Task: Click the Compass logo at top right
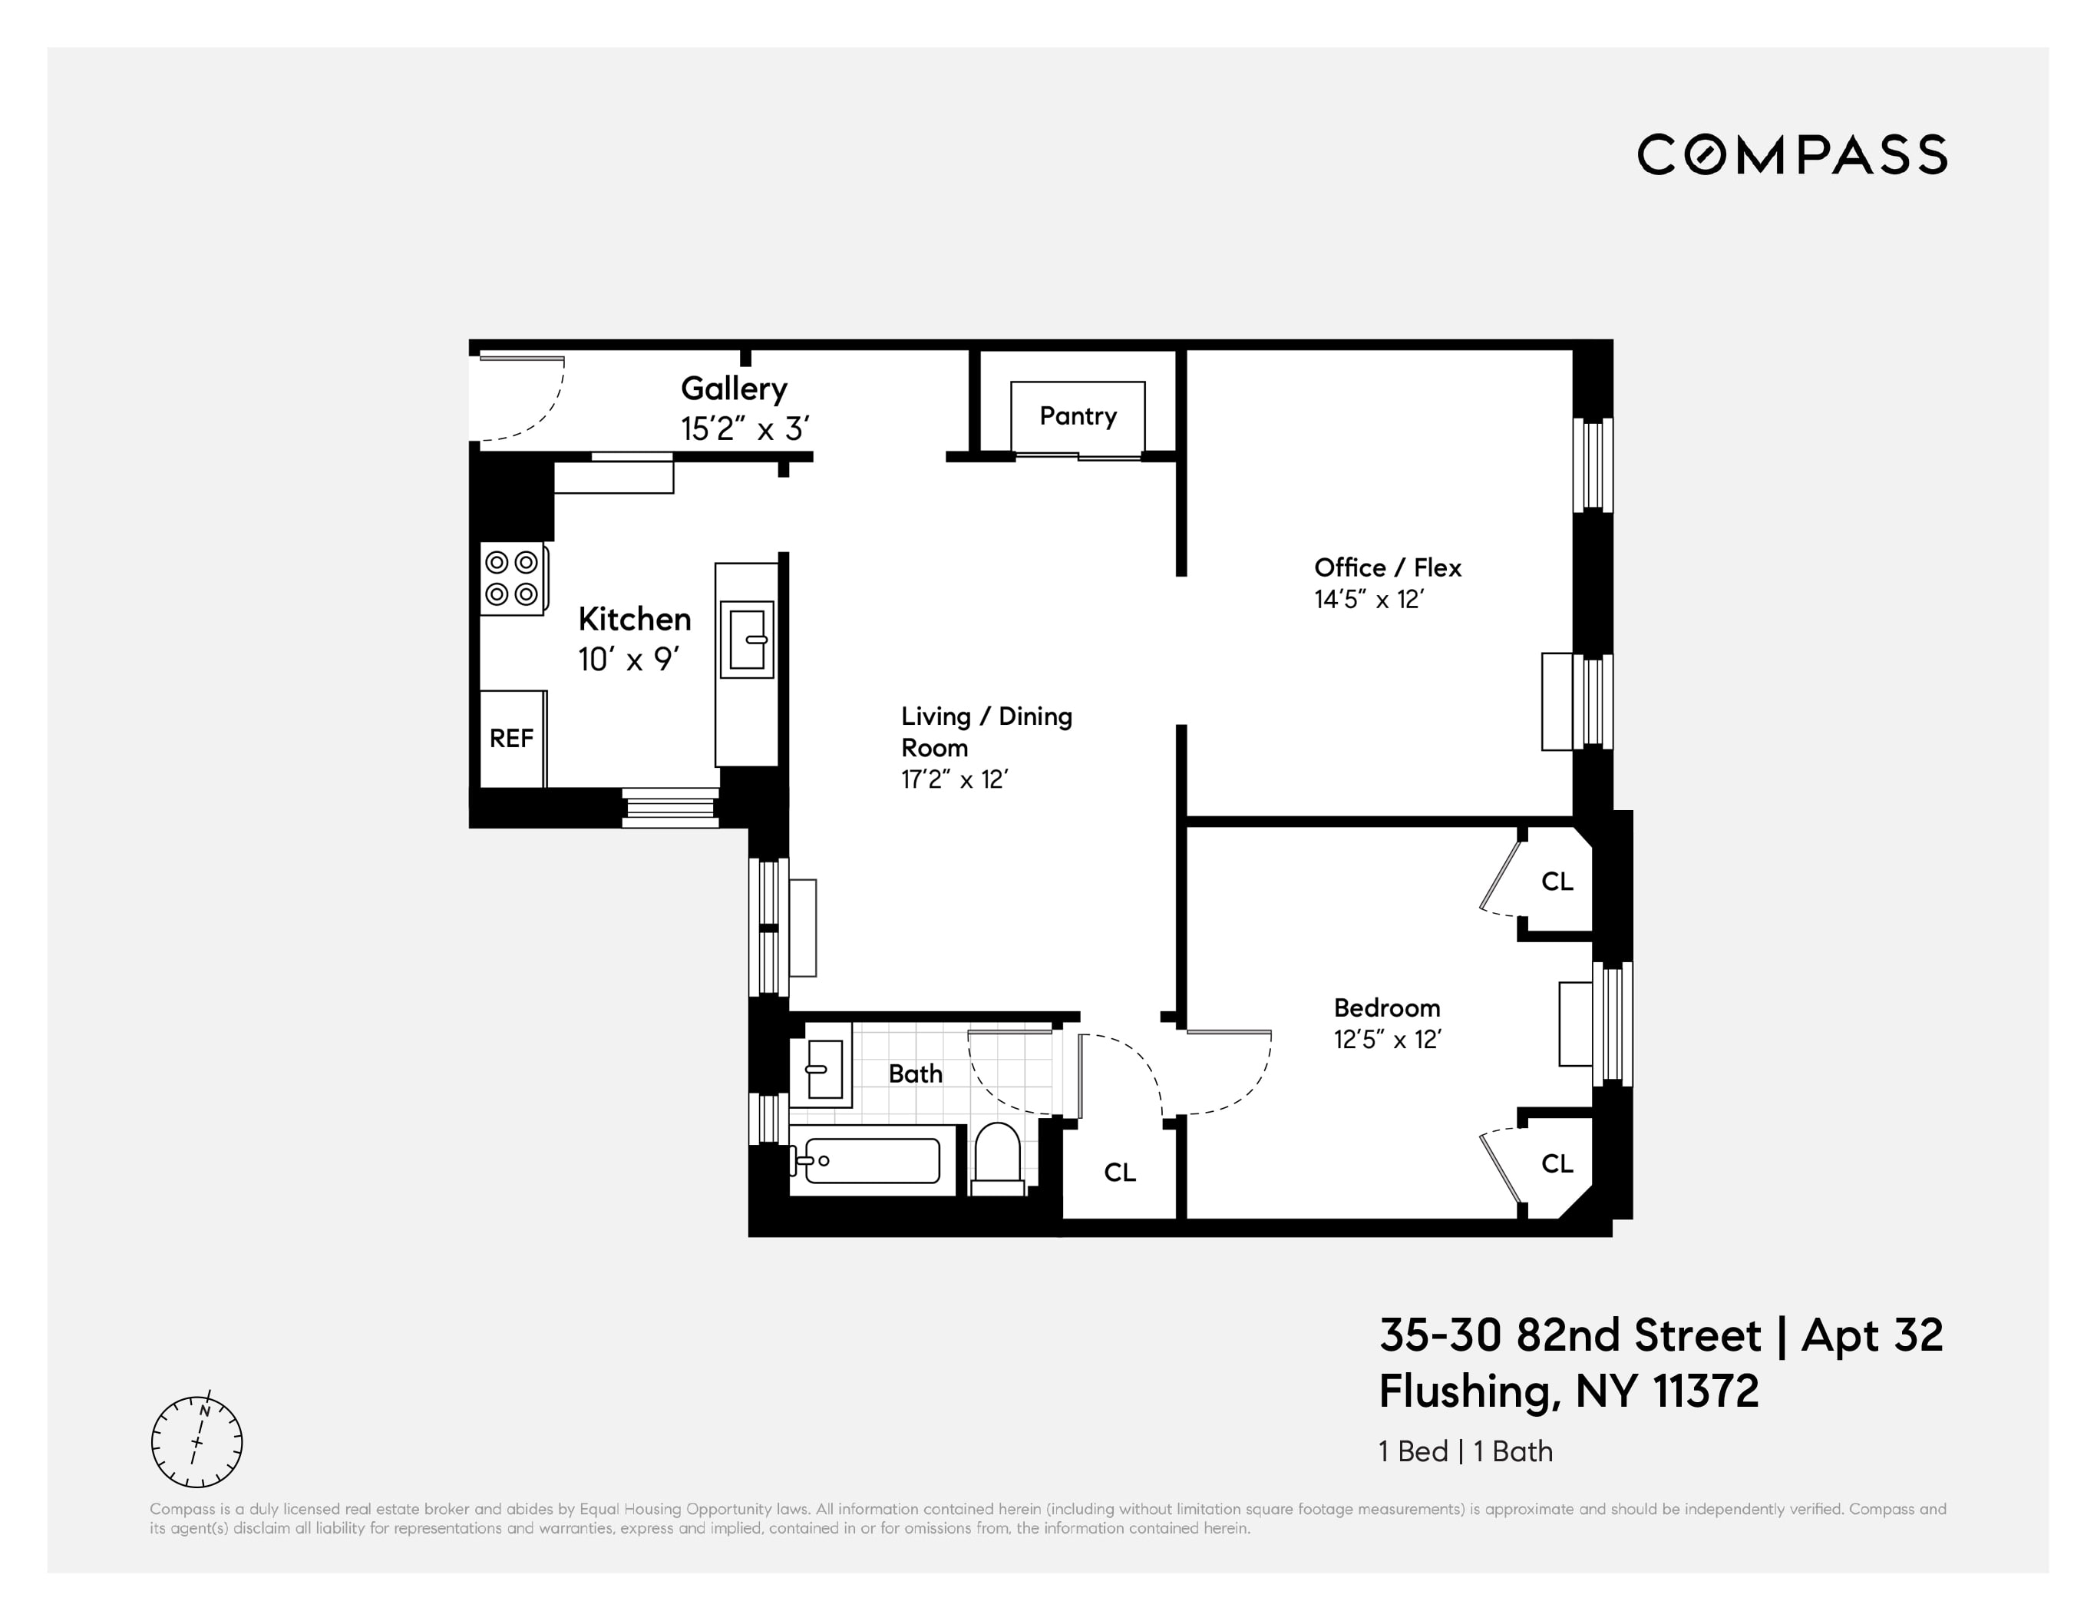[1792, 154]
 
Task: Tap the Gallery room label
[734, 389]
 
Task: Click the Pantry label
[1078, 417]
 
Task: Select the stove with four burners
[512, 578]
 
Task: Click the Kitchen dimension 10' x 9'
[628, 660]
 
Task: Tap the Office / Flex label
[1386, 567]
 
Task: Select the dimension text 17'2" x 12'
[953, 779]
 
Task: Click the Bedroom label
[1386, 1007]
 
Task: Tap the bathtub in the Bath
[872, 1160]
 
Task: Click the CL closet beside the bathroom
[1120, 1172]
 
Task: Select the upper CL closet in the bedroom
[1557, 881]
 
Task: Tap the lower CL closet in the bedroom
[1557, 1163]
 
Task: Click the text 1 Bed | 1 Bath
[1465, 1451]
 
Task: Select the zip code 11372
[1706, 1391]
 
